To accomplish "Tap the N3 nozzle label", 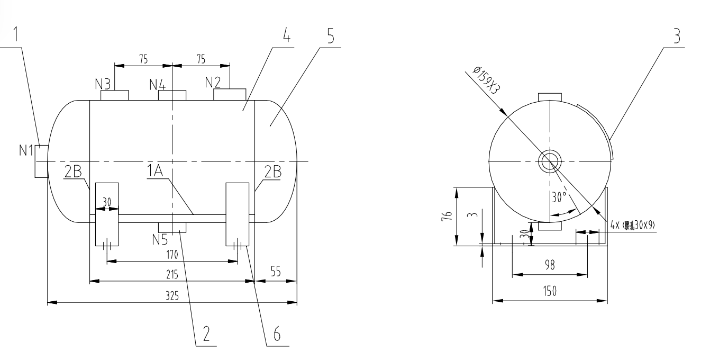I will point(103,84).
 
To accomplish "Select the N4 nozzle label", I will point(158,84).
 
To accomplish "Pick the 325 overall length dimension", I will point(171,296).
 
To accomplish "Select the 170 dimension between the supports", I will point(171,255).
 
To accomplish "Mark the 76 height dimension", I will point(447,215).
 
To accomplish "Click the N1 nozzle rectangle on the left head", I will point(42,161).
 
